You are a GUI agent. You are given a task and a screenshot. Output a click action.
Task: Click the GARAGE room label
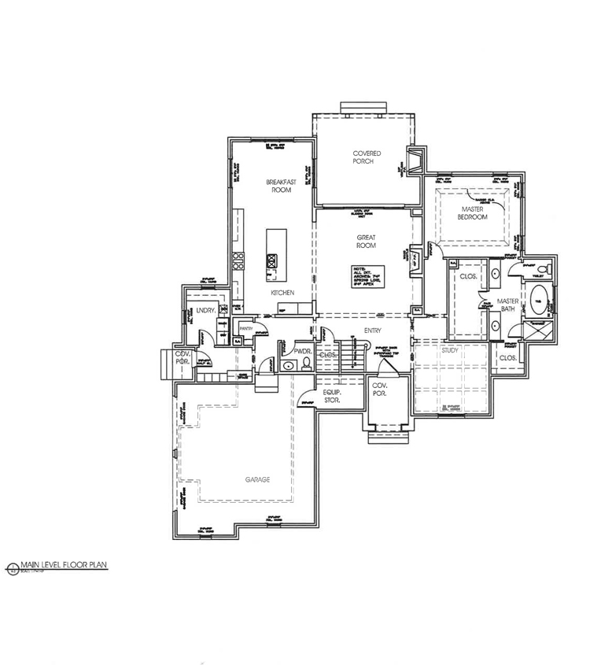(x=257, y=479)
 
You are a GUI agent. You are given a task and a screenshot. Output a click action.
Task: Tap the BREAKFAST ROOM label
(x=282, y=186)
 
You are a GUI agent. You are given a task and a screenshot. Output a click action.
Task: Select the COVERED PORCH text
(x=367, y=158)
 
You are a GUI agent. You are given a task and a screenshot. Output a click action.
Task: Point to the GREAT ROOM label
(x=366, y=241)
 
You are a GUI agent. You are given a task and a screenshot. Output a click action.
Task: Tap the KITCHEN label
(x=282, y=293)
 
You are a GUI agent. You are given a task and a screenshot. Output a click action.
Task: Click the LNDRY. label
(x=206, y=312)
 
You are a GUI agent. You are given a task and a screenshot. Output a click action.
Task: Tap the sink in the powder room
(x=289, y=365)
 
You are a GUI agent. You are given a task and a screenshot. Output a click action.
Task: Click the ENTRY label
(x=373, y=331)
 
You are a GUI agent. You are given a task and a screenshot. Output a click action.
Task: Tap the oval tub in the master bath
(x=538, y=300)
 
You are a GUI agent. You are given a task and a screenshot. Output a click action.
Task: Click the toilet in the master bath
(x=539, y=271)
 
